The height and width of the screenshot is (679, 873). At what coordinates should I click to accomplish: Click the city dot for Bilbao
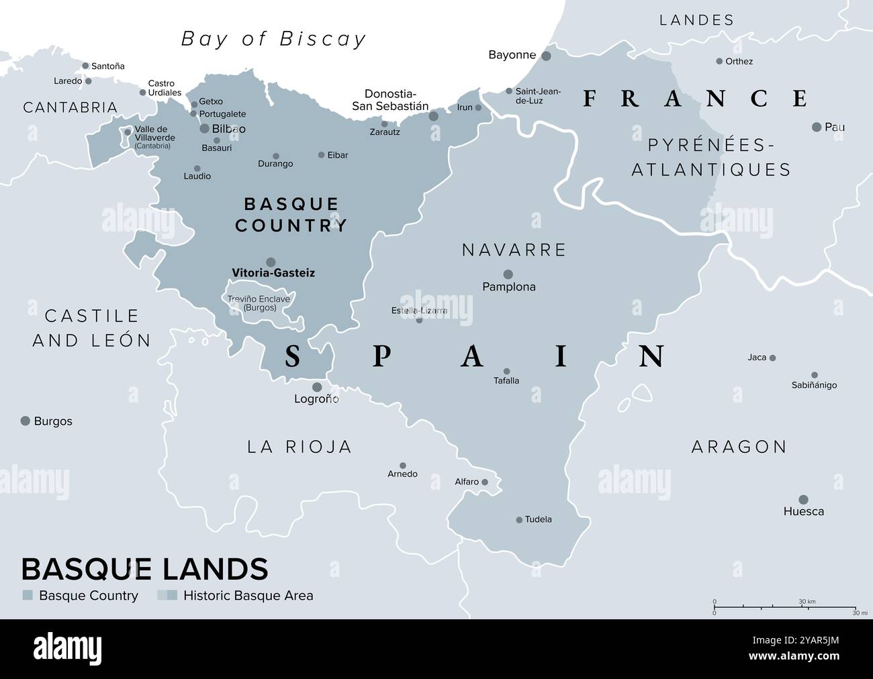point(205,128)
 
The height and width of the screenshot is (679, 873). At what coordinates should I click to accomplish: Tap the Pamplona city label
point(509,287)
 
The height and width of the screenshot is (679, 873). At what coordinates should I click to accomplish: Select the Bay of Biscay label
point(274,39)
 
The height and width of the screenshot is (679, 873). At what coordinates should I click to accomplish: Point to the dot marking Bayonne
point(546,56)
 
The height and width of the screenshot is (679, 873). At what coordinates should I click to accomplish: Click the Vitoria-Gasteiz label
point(273,273)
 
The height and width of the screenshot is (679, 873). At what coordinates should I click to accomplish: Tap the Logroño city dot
point(317,387)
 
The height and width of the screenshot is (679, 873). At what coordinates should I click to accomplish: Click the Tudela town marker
point(519,520)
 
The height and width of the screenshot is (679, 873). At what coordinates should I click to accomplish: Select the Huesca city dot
point(803,499)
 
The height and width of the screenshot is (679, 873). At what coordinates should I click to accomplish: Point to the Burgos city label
point(53,421)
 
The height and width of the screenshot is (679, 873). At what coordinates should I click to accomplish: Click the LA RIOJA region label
point(300,447)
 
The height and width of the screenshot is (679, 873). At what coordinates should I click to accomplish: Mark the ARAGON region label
point(739,447)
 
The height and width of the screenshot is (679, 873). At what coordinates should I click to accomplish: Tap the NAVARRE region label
point(514,250)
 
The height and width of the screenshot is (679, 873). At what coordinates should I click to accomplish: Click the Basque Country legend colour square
point(28,595)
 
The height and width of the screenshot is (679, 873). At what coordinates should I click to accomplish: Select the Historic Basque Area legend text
point(248,595)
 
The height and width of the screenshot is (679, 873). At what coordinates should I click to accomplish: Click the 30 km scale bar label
point(807,602)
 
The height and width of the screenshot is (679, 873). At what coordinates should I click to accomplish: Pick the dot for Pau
point(817,127)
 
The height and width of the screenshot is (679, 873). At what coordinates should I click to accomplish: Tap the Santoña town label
point(107,66)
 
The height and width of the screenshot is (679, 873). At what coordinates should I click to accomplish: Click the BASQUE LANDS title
point(144,569)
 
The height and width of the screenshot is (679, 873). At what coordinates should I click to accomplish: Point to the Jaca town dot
point(772,358)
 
